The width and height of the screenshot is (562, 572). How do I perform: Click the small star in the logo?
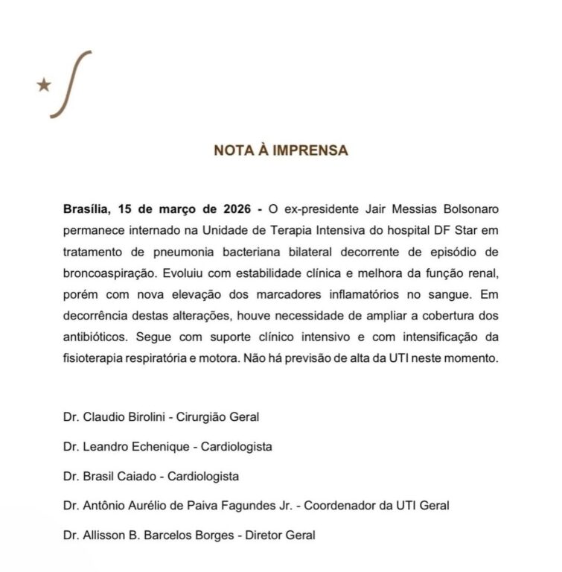pos(43,85)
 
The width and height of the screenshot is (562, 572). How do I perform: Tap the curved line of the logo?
pos(71,83)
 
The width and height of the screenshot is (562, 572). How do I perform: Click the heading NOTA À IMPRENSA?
pos(281,150)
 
